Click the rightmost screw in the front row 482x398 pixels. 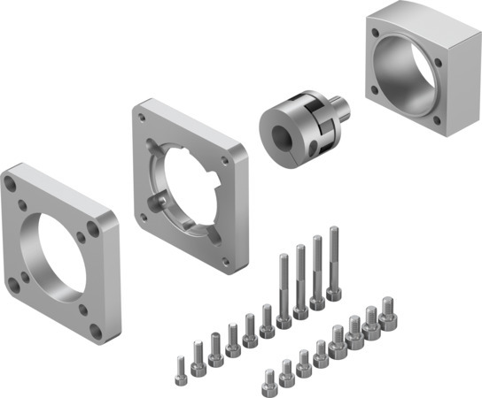[386, 312]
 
